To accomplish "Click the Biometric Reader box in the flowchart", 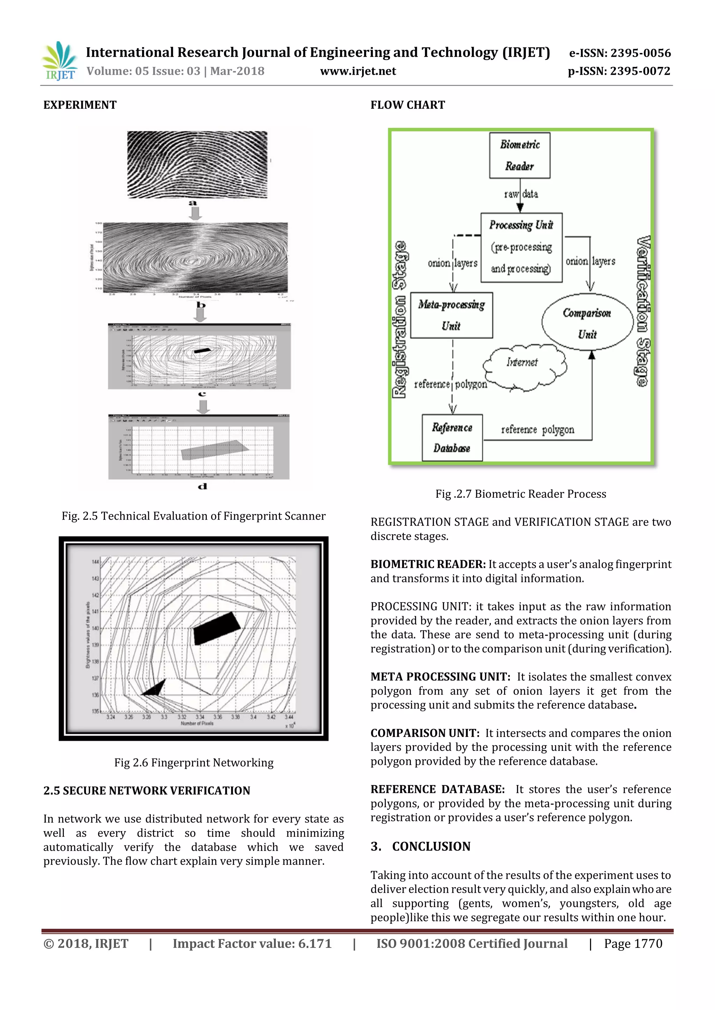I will (x=519, y=155).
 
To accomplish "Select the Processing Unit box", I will (x=521, y=247).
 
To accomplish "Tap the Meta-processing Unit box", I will (x=451, y=315).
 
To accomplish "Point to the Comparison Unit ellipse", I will (x=587, y=323).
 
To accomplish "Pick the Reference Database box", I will (x=452, y=438).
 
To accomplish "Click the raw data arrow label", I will (x=521, y=194).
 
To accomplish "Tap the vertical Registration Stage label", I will (x=400, y=320).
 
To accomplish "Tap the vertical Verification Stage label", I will (x=643, y=311).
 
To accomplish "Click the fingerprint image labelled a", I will (x=197, y=165).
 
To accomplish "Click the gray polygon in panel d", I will (x=214, y=450).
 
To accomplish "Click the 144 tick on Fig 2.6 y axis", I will (x=95, y=562).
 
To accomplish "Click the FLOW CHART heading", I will (x=407, y=105).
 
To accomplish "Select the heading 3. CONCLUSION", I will (x=420, y=846).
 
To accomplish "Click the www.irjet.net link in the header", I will (x=357, y=71).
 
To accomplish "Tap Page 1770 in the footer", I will (x=633, y=944).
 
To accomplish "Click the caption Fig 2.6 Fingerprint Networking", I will (x=194, y=762).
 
